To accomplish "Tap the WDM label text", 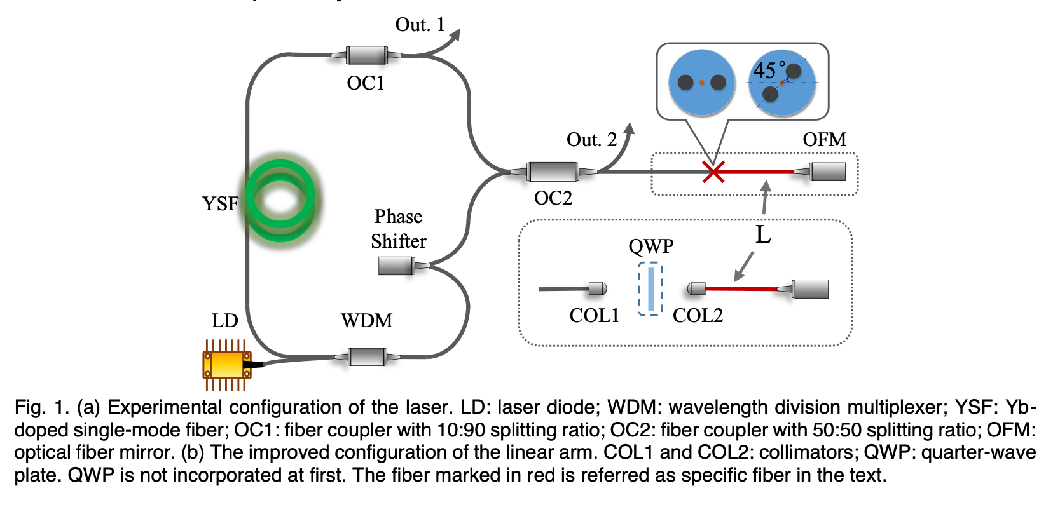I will [366, 320].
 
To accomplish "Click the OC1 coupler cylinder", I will [367, 55].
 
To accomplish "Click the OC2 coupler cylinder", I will [553, 172].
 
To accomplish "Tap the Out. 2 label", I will [591, 140].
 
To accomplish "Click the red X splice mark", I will [713, 172].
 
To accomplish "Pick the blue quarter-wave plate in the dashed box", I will [650, 290].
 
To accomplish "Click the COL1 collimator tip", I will [597, 289].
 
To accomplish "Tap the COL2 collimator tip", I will [696, 289].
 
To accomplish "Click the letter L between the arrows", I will [763, 234].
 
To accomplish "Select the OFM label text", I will [824, 140].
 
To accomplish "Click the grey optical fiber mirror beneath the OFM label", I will [827, 172].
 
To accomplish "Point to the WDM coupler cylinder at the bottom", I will [367, 357].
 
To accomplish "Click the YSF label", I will [220, 204].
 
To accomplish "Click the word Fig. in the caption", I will [29, 407].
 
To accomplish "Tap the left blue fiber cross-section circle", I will [701, 83].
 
